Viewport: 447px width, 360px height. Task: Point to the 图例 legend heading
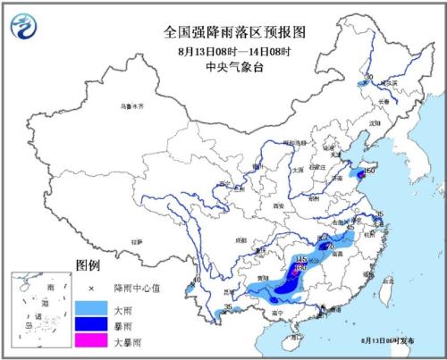pyautogui.click(x=87, y=266)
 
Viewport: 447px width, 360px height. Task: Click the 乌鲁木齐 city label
pyautogui.click(x=132, y=106)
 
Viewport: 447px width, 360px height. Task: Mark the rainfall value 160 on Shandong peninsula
pyautogui.click(x=369, y=169)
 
